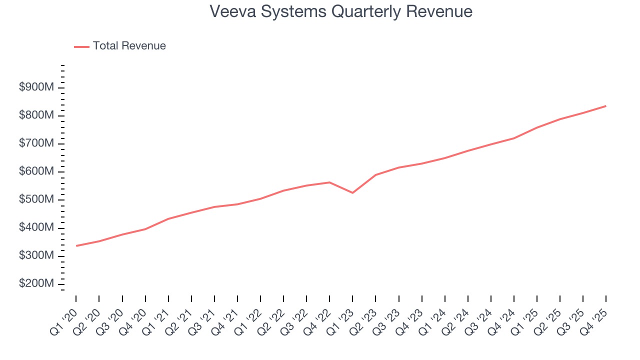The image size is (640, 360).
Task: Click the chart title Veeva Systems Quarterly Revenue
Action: coord(341,11)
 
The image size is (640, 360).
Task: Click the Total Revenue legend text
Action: coord(129,46)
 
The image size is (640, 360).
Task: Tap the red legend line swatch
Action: coord(81,46)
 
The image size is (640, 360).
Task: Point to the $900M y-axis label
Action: coord(36,87)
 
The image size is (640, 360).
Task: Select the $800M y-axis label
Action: coord(36,115)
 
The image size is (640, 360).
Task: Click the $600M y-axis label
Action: coord(36,171)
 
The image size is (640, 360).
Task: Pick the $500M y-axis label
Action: coord(36,199)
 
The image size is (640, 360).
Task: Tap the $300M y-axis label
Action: coord(36,255)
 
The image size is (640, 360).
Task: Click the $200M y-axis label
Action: coord(36,283)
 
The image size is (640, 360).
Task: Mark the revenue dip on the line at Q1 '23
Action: coord(352,192)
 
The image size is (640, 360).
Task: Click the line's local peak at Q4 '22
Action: coord(329,182)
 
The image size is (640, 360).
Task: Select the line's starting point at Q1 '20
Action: coord(76,245)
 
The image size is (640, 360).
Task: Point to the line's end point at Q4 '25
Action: coord(606,106)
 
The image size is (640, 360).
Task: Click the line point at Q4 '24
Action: coord(514,138)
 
